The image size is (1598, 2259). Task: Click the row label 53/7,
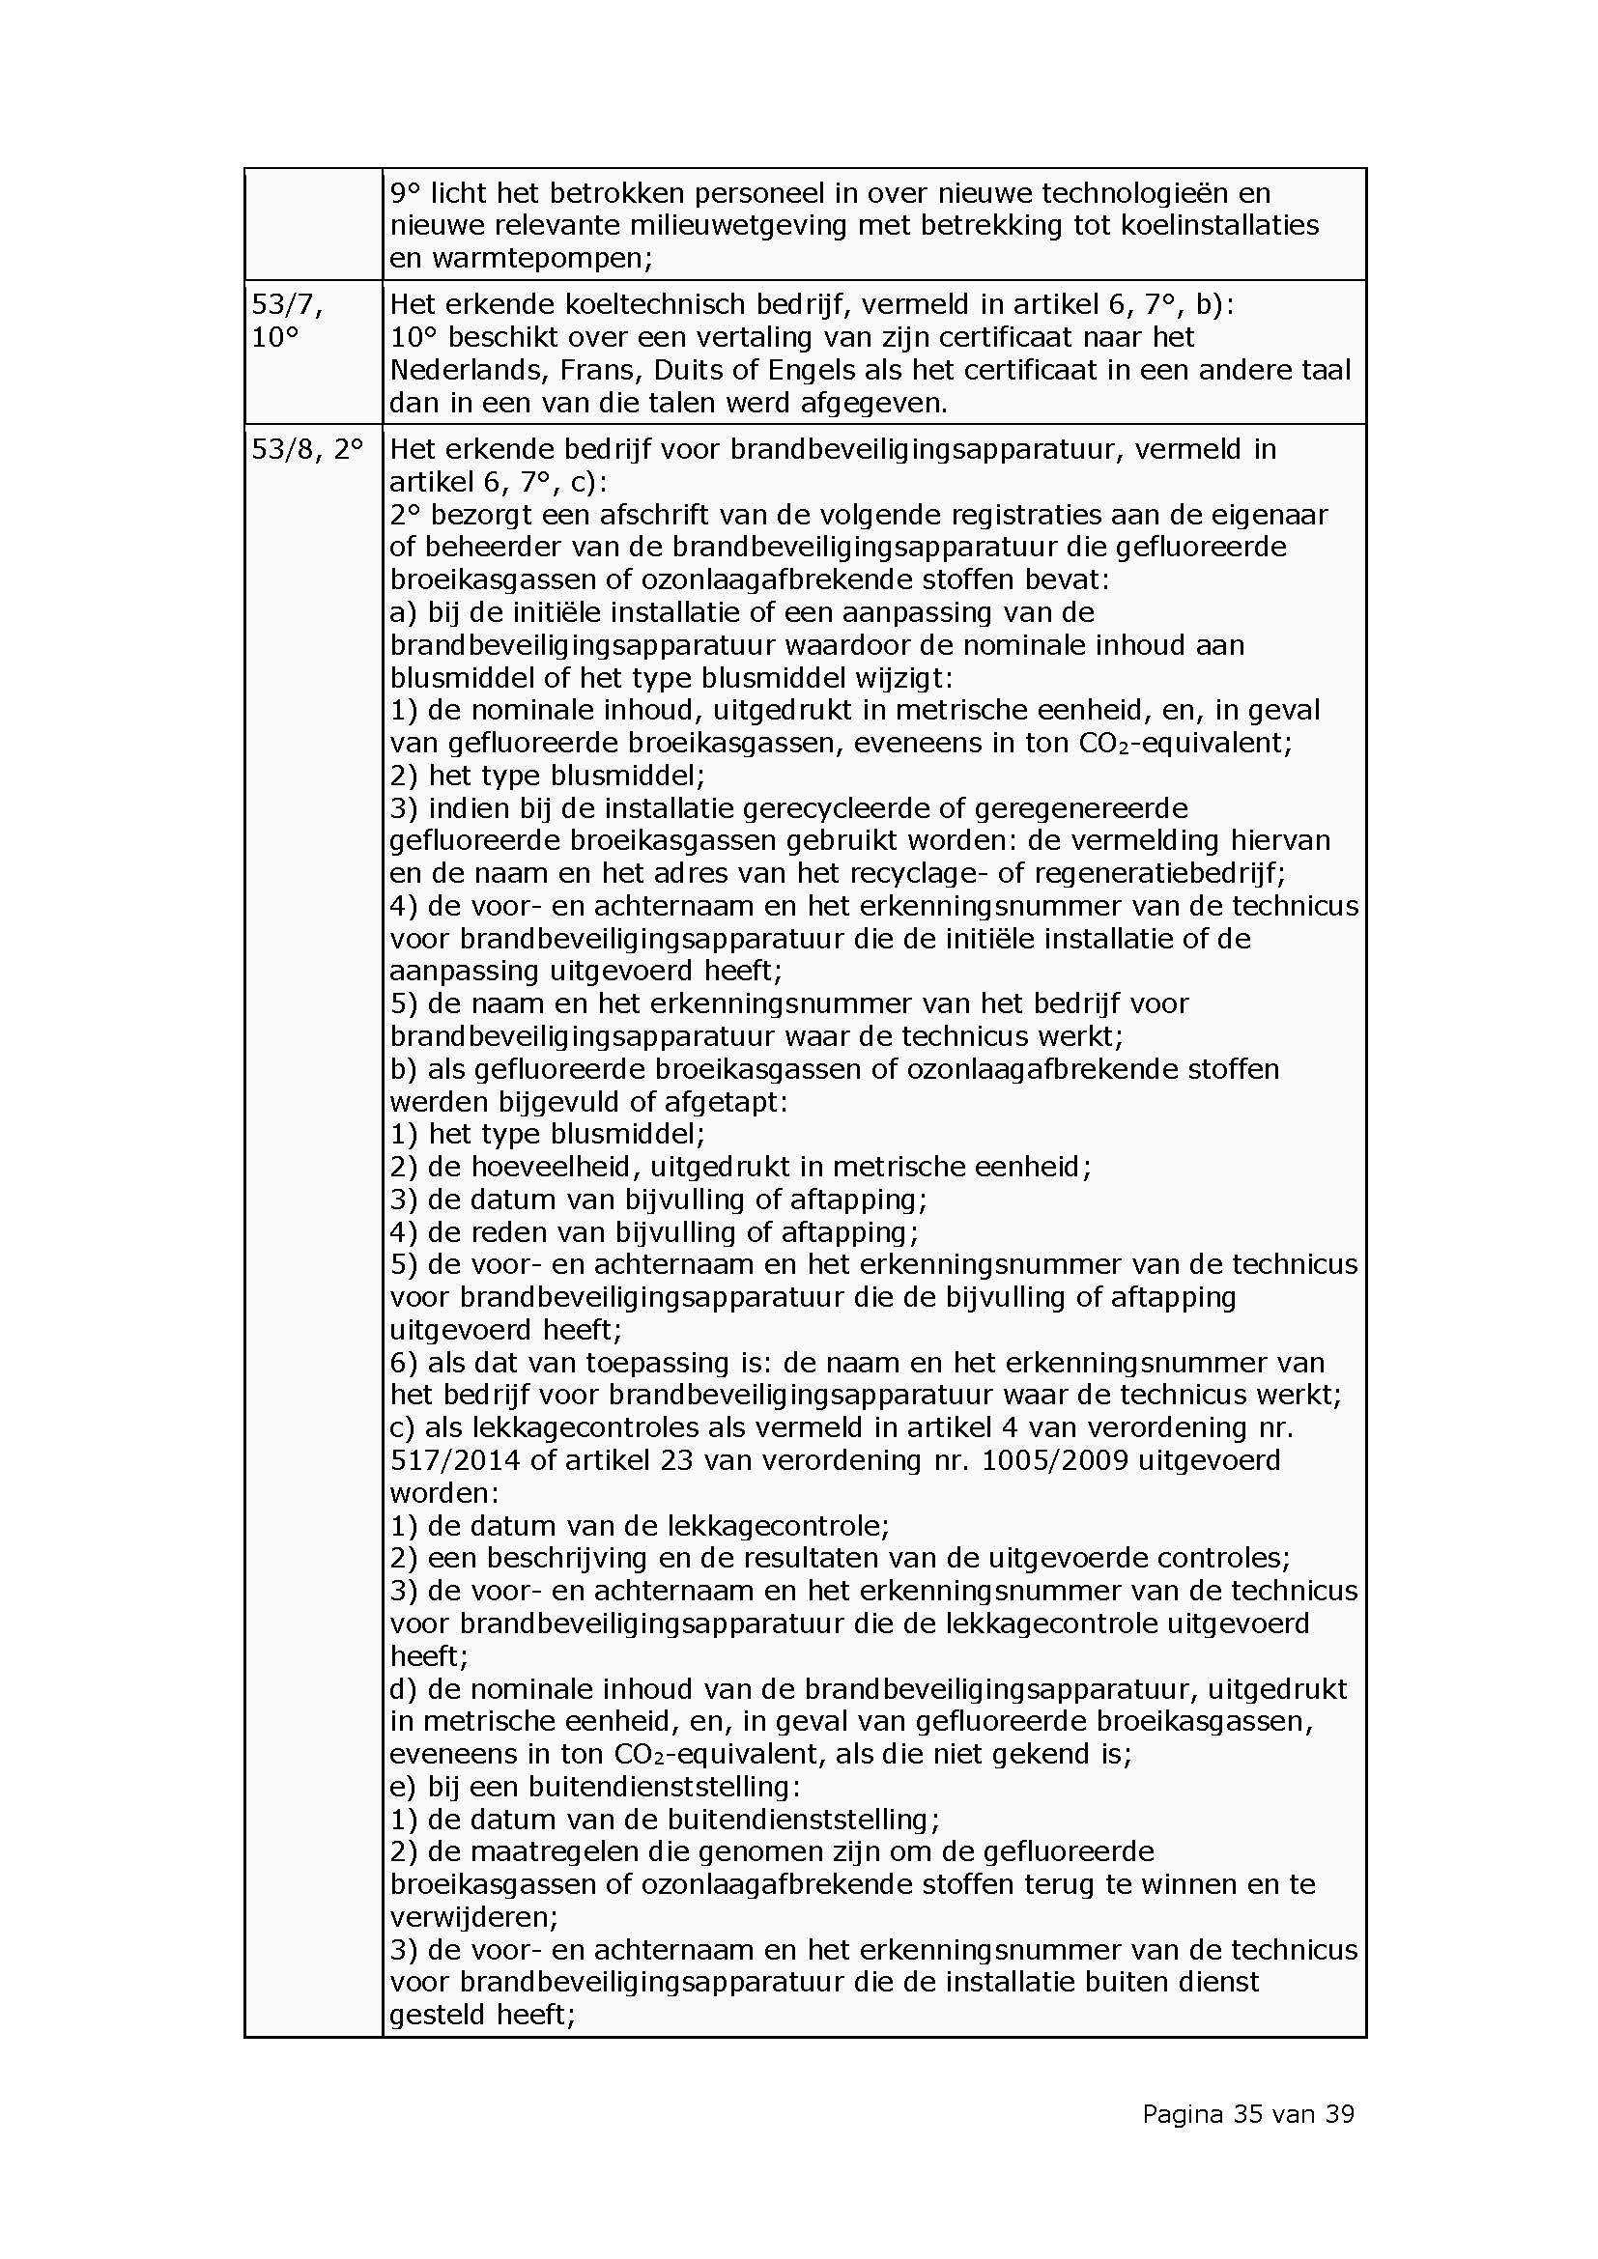[x=286, y=306]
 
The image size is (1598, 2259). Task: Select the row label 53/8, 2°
[x=307, y=450]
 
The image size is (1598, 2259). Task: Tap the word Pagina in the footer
[x=1182, y=2114]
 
